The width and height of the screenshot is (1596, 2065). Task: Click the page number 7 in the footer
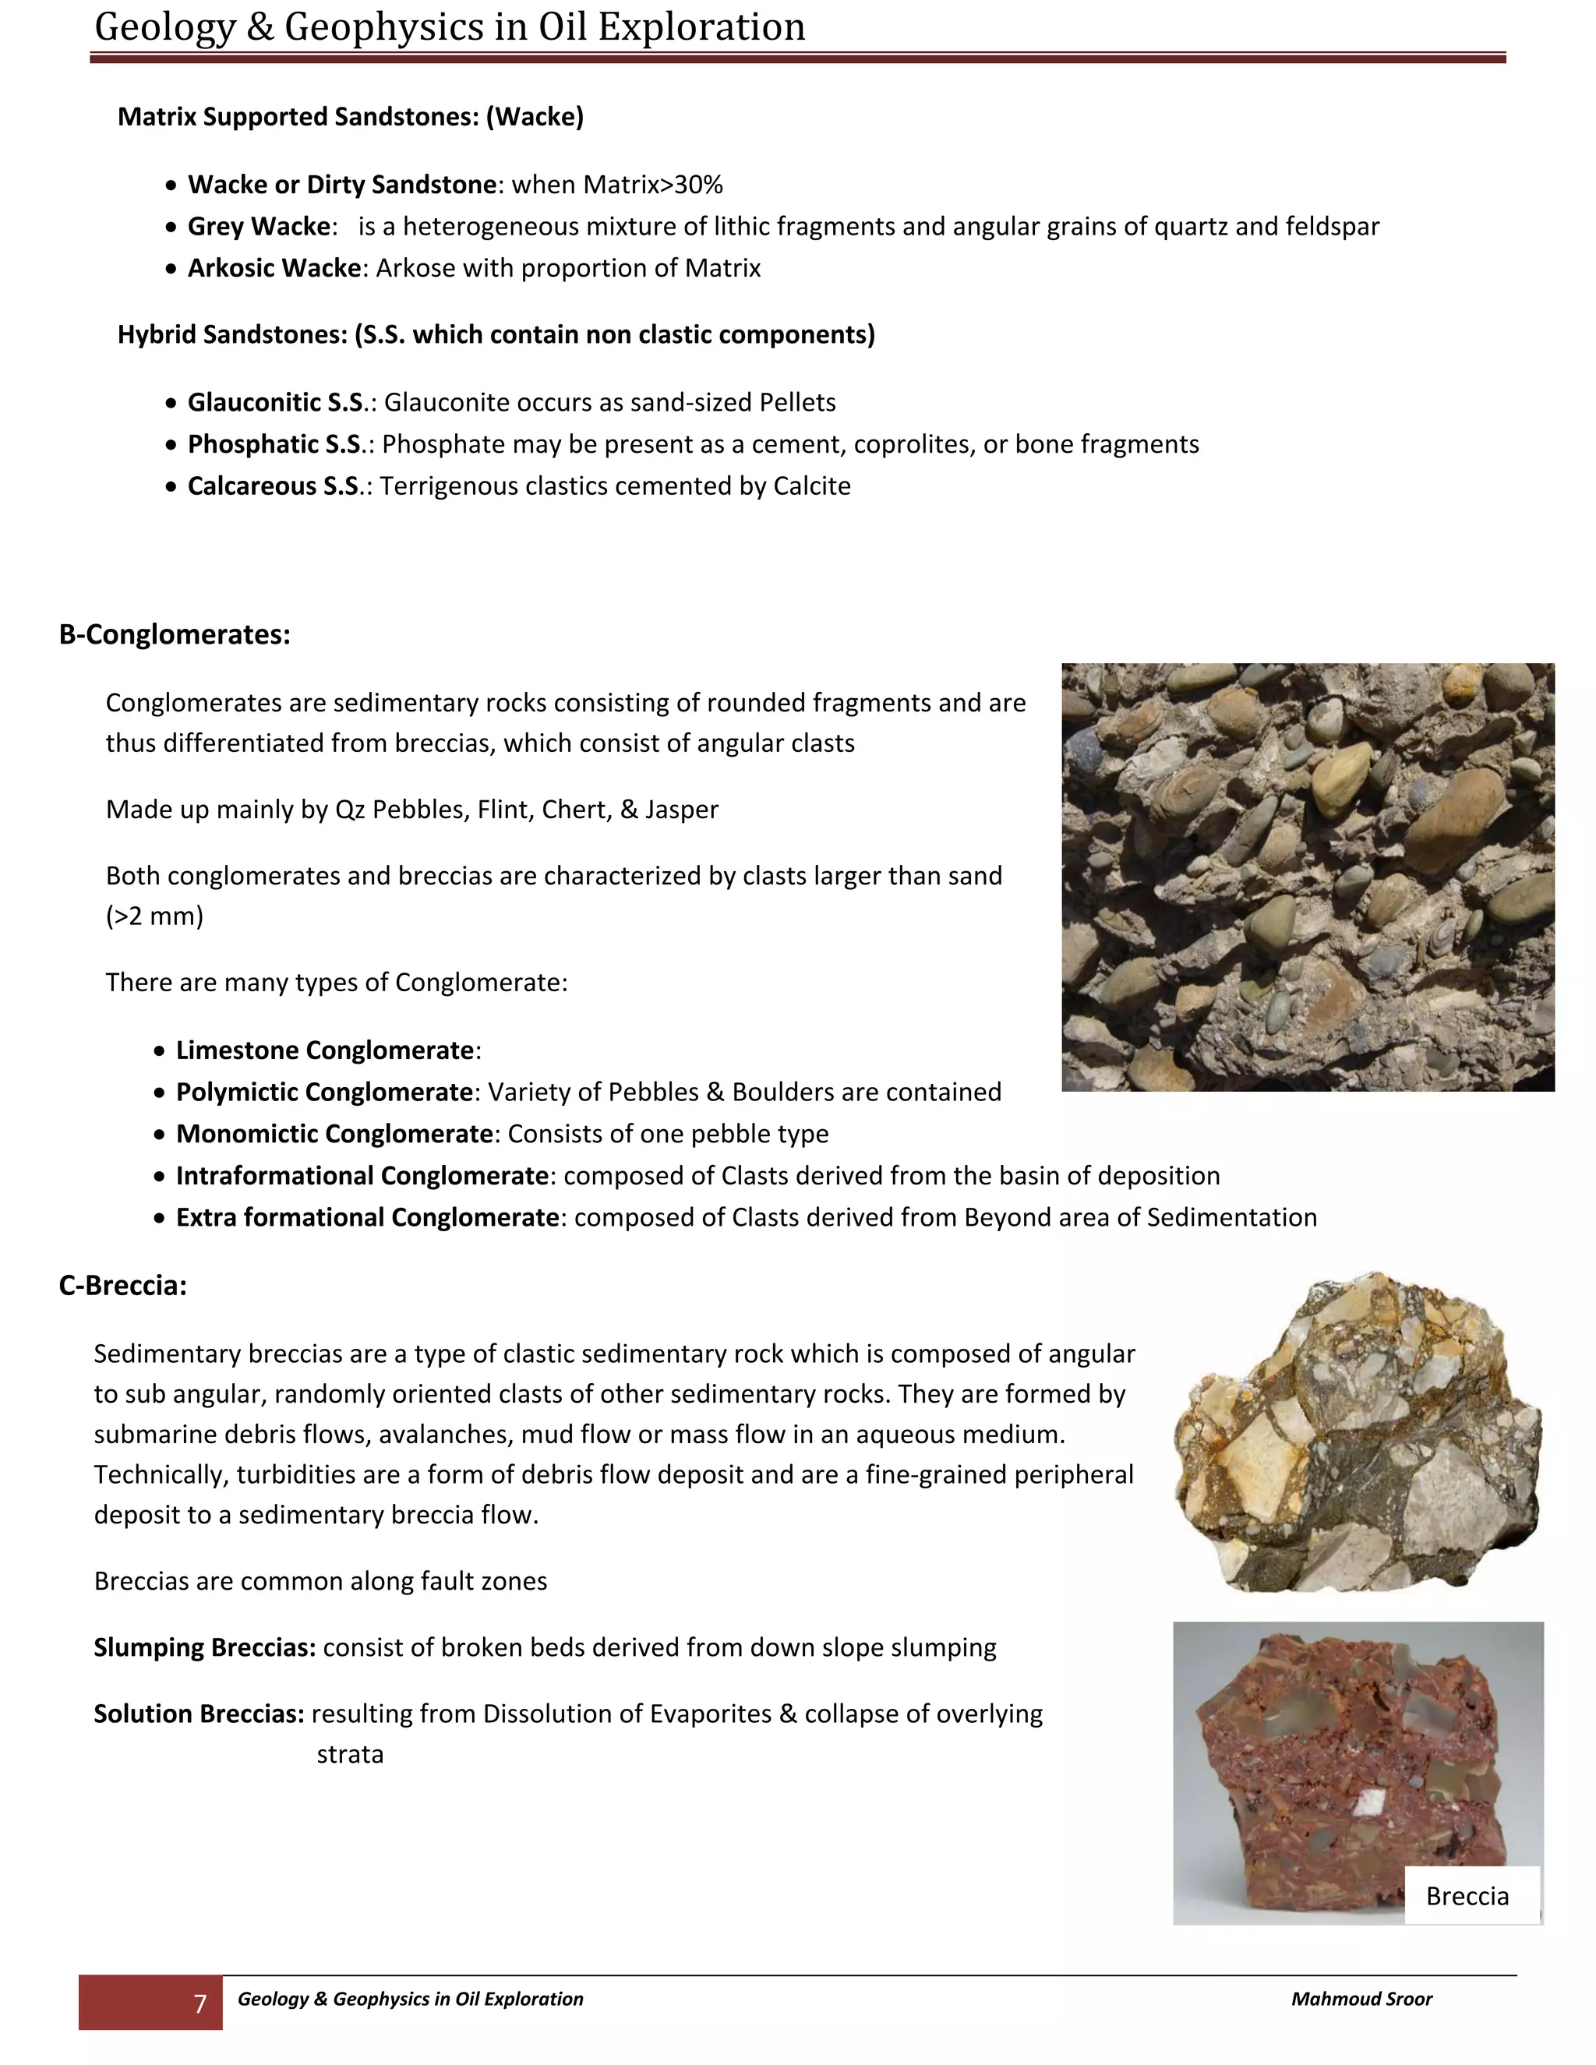click(199, 2003)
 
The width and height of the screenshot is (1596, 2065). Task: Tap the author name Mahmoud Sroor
click(1361, 1999)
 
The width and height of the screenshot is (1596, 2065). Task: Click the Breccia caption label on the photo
click(1467, 1896)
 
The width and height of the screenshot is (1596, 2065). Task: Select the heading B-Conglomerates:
click(175, 634)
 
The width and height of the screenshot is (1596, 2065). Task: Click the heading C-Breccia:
click(123, 1286)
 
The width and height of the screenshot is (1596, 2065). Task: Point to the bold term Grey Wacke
click(259, 227)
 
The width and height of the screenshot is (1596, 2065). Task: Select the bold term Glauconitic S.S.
click(276, 403)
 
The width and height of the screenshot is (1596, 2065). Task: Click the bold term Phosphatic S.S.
click(275, 444)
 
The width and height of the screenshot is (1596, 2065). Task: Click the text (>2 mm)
click(154, 916)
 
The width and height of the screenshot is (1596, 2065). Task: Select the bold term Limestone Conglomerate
click(324, 1050)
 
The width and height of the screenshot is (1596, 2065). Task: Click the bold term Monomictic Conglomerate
click(334, 1134)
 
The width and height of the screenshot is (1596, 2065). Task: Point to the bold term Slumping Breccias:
click(204, 1648)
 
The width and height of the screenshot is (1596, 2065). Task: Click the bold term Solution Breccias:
click(199, 1714)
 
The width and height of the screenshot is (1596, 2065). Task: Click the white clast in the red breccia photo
click(1365, 1803)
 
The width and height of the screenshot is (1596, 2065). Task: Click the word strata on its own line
click(350, 1755)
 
